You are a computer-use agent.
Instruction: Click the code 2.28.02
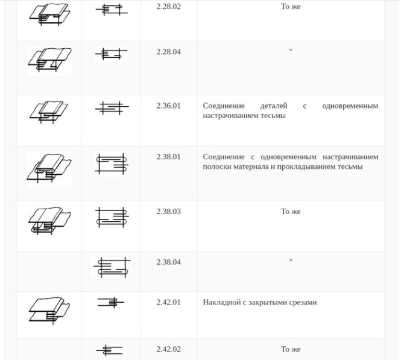tap(168, 7)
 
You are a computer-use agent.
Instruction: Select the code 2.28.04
tap(168, 52)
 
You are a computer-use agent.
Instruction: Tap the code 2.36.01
tap(168, 106)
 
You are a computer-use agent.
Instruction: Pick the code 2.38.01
tap(168, 156)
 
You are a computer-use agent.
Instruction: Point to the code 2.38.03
tap(168, 212)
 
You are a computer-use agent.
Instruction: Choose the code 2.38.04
tap(168, 262)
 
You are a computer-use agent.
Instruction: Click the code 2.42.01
tap(168, 302)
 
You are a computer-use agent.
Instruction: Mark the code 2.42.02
tap(168, 349)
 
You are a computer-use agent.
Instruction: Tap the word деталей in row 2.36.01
tap(274, 106)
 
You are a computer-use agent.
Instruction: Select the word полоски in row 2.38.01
tap(217, 166)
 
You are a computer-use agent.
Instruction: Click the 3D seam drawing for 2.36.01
tap(49, 112)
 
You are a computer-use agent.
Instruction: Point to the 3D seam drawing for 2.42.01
tap(49, 311)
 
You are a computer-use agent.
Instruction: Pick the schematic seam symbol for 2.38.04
tap(112, 267)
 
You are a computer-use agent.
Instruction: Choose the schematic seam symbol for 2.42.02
tap(110, 350)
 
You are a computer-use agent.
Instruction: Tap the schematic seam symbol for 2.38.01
tap(112, 164)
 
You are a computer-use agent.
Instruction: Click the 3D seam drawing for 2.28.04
tap(49, 60)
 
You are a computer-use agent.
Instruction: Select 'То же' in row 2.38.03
tap(291, 212)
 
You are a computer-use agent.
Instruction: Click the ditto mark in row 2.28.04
tap(291, 50)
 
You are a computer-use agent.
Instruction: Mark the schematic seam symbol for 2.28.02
tap(112, 10)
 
